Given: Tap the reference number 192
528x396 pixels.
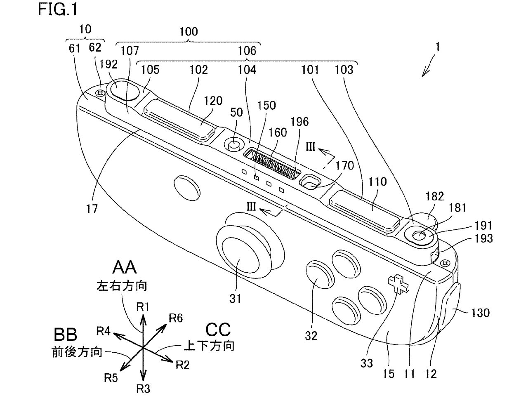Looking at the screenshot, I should [x=108, y=64].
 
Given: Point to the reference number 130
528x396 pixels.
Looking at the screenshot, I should [x=480, y=313].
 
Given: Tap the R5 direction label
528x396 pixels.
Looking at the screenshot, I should [x=111, y=378].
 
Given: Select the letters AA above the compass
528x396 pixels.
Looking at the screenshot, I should [x=125, y=269].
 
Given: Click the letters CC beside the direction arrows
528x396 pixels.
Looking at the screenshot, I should [x=218, y=330].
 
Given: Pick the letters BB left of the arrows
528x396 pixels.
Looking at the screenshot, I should [x=65, y=335].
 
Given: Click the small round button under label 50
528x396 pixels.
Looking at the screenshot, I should [x=234, y=145].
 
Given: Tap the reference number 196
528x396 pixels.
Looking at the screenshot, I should [x=299, y=122].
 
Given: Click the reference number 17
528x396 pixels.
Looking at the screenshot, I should [x=92, y=209].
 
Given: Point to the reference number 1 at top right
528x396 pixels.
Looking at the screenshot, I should [x=437, y=47].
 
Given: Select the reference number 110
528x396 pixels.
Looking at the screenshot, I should [x=378, y=181].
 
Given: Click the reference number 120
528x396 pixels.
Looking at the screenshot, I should [x=213, y=101].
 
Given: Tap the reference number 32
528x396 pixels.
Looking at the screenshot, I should [x=311, y=336].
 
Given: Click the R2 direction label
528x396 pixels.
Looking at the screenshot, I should [x=182, y=365].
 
